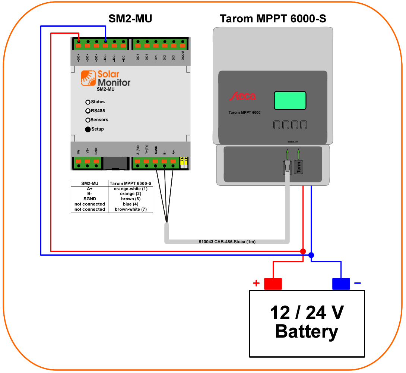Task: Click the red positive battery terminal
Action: click(x=273, y=284)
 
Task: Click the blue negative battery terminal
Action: click(x=341, y=284)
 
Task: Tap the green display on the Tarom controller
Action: click(x=290, y=101)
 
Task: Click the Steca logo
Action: click(x=242, y=97)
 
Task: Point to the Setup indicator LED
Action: click(x=88, y=129)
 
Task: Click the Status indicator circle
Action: click(x=88, y=102)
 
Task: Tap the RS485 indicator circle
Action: click(x=88, y=111)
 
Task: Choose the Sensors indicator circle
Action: click(x=88, y=120)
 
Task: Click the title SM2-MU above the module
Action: click(x=130, y=19)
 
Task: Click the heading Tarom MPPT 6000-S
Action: click(x=273, y=19)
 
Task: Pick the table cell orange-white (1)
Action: click(x=130, y=189)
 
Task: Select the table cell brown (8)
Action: click(x=130, y=199)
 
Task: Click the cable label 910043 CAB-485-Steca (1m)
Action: click(x=227, y=242)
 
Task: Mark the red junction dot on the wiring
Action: click(x=303, y=251)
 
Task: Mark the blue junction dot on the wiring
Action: click(x=311, y=255)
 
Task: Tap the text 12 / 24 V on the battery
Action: click(x=307, y=313)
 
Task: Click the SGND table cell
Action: click(x=89, y=199)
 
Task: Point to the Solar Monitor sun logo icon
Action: click(x=88, y=78)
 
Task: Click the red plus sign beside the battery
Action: click(x=256, y=283)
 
